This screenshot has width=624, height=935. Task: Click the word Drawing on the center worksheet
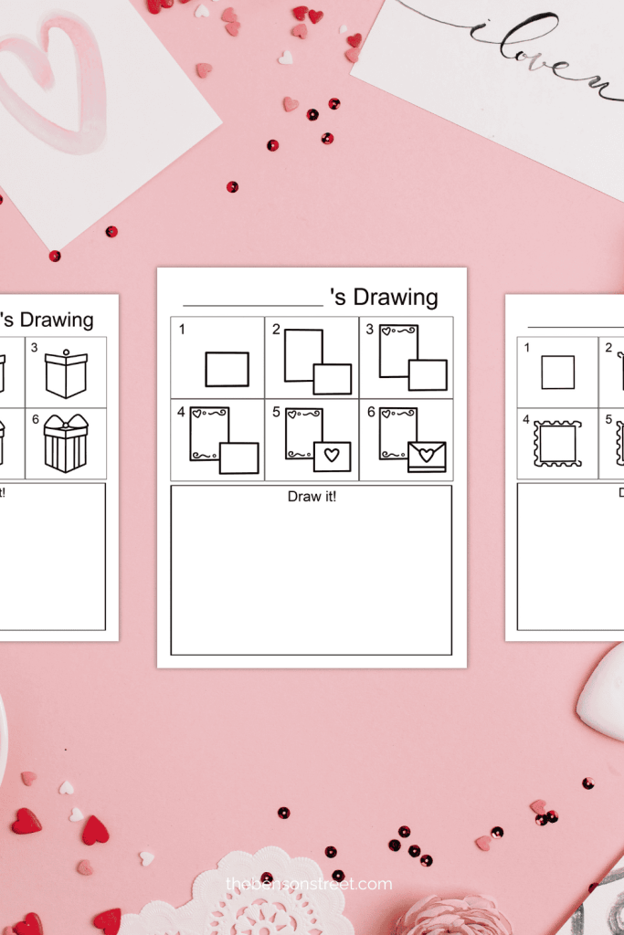(396, 298)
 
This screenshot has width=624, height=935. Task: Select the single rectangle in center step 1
(227, 370)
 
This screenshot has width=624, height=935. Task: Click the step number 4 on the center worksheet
(183, 413)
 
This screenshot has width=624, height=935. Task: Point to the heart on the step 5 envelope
(333, 455)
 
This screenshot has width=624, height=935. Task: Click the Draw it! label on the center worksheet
(312, 497)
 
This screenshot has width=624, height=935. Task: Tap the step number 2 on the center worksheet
(276, 330)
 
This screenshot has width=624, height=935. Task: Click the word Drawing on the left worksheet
(57, 320)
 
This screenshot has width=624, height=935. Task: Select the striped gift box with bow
(65, 444)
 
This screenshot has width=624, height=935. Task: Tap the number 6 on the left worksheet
(35, 419)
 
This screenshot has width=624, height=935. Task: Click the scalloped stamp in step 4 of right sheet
(557, 444)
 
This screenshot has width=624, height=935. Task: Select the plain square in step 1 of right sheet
(557, 373)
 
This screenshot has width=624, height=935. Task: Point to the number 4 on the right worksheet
(526, 419)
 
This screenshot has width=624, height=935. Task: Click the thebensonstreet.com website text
(309, 884)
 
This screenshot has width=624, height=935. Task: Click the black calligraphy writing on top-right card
(530, 46)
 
